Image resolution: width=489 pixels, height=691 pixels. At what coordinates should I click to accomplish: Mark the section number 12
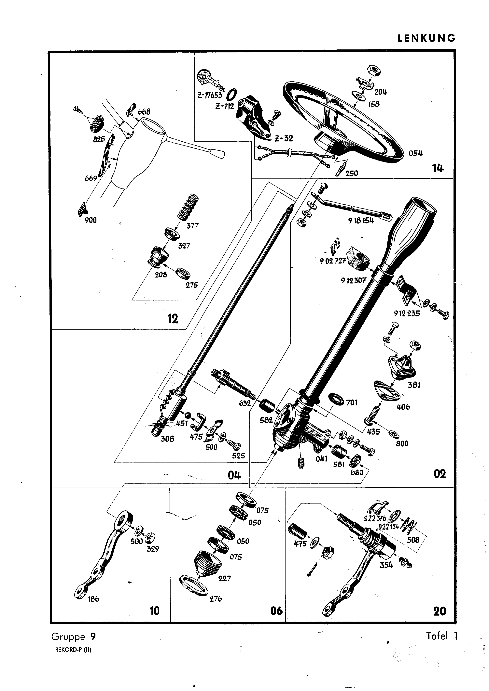coord(173,318)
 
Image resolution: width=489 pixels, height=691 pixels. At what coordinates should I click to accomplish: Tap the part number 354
coord(386,565)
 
